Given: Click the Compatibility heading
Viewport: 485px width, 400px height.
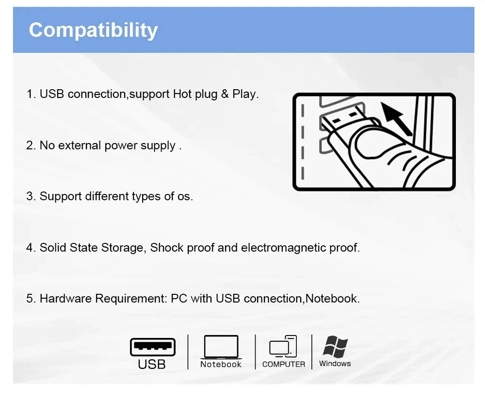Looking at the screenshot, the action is (93, 30).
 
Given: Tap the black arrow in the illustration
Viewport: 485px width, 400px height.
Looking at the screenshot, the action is (396, 118).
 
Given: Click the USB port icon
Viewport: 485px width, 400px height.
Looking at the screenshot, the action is (152, 347).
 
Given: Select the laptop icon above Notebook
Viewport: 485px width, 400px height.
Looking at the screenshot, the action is (221, 347).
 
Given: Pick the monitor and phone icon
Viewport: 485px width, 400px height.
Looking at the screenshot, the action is (283, 346).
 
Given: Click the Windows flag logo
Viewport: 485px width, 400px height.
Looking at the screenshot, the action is (335, 347).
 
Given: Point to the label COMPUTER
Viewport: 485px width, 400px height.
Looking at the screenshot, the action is (284, 365).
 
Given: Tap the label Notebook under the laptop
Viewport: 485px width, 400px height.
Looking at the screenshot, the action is (221, 365).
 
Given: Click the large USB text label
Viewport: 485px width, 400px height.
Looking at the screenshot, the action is (152, 365).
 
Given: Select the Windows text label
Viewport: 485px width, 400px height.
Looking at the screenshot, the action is (335, 364).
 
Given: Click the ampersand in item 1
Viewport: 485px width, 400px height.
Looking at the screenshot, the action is (225, 94).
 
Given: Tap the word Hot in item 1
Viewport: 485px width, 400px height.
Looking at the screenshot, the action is (182, 94).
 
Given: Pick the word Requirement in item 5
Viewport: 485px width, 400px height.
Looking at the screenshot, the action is (131, 299).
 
